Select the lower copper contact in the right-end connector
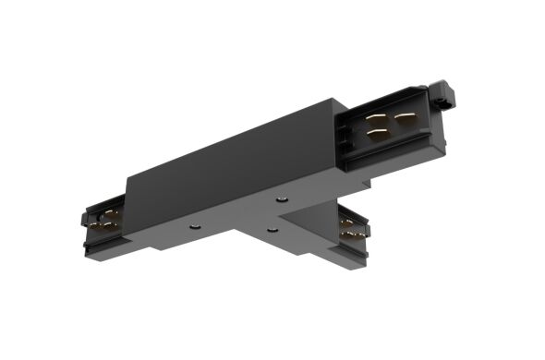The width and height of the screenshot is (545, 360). click(376, 134)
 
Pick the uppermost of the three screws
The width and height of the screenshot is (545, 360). click(282, 197)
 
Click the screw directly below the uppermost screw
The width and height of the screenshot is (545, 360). click(272, 228)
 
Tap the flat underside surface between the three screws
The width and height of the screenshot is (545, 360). click(245, 218)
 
